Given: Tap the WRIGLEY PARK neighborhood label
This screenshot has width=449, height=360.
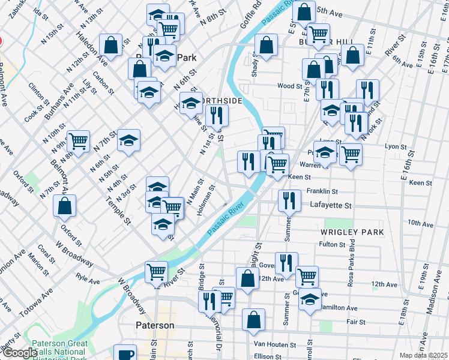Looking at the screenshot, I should tap(352, 232).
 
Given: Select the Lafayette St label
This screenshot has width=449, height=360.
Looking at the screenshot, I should tap(330, 205).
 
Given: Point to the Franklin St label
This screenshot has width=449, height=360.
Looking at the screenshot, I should tap(322, 191).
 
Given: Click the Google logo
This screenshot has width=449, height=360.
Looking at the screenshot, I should tap(20, 353).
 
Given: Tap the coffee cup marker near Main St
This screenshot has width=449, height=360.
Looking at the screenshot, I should tap(125, 354).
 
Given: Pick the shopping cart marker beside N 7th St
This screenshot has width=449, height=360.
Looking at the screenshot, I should tap(78, 141).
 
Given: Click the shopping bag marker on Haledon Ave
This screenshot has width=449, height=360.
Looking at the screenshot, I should tap(111, 44).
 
